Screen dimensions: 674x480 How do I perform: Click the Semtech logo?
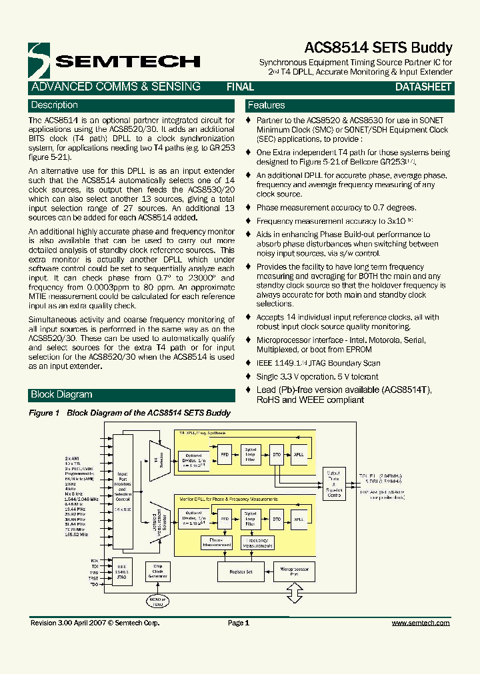click(113, 61)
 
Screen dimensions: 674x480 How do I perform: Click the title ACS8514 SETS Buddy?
click(378, 48)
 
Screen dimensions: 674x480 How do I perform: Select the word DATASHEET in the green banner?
click(423, 87)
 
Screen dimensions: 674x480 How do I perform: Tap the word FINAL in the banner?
click(240, 87)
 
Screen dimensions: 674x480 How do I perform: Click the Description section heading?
click(55, 105)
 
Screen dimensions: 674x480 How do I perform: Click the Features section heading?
click(266, 105)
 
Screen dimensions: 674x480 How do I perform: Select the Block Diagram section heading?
click(61, 394)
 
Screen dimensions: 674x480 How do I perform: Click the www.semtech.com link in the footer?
click(420, 623)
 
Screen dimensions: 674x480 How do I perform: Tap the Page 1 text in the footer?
click(238, 623)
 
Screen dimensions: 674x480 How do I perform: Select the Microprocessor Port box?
click(293, 571)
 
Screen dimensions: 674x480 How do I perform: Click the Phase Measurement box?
click(216, 542)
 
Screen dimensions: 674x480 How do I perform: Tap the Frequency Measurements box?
click(258, 542)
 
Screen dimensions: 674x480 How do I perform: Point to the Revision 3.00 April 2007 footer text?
click(95, 623)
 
